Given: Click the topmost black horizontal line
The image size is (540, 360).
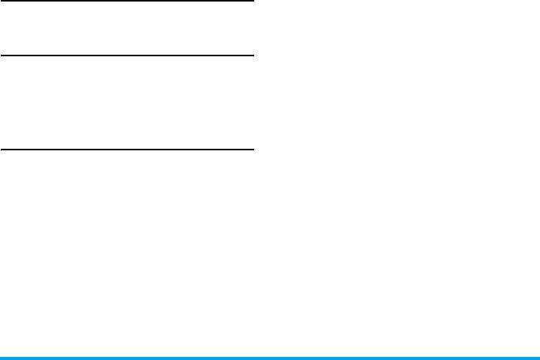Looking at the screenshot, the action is pyautogui.click(x=126, y=1).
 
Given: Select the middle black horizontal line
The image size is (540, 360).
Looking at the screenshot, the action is pyautogui.click(x=126, y=56).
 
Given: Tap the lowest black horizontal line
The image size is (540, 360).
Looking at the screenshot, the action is pyautogui.click(x=126, y=149).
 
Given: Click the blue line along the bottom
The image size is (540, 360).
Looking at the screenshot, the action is pyautogui.click(x=270, y=358).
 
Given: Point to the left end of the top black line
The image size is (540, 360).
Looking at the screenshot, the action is pyautogui.click(x=1, y=1).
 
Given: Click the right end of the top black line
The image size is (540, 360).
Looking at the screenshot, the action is pyautogui.click(x=253, y=1).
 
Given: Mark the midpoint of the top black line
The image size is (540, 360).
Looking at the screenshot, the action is pyautogui.click(x=126, y=1).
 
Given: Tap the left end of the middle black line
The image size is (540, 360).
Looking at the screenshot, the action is pyautogui.click(x=1, y=56).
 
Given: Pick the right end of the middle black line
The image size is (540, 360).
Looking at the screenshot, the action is pyautogui.click(x=253, y=56).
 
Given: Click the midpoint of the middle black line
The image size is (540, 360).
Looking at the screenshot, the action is pyautogui.click(x=126, y=56).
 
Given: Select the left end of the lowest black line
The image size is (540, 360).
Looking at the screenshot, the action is pyautogui.click(x=1, y=149).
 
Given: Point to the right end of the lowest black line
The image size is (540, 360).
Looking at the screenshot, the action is pyautogui.click(x=253, y=149).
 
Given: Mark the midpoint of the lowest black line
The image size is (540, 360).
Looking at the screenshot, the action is pyautogui.click(x=126, y=149).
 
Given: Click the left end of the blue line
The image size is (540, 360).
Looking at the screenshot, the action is pyautogui.click(x=1, y=358).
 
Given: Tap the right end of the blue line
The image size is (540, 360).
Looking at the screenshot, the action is pyautogui.click(x=538, y=358).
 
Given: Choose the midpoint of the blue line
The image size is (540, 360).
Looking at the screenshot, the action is pyautogui.click(x=270, y=358).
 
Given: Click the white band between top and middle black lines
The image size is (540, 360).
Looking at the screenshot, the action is pyautogui.click(x=126, y=29).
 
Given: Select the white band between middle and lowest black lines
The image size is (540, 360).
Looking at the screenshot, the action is pyautogui.click(x=126, y=103).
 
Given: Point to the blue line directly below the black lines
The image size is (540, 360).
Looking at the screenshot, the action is pyautogui.click(x=126, y=358).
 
